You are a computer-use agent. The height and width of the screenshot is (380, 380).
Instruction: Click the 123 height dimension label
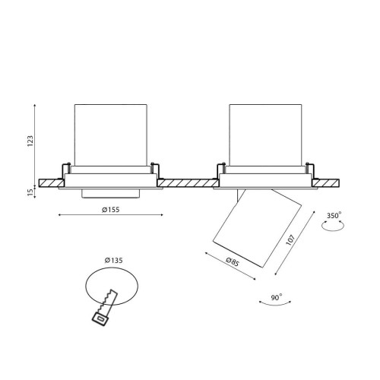pos(30,141)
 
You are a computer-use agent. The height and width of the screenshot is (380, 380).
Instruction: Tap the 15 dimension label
pos(30,192)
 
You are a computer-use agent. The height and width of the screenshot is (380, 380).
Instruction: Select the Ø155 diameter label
pos(110,210)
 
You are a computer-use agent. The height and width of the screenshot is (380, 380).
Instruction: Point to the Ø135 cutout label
pos(114,260)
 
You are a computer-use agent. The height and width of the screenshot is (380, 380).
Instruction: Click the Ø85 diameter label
pos(233,261)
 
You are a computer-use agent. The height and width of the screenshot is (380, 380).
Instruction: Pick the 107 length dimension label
pos(290,240)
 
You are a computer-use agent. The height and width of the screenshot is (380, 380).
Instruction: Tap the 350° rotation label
pos(334,216)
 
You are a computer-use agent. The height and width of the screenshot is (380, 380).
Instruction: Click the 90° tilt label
pos(277,297)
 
